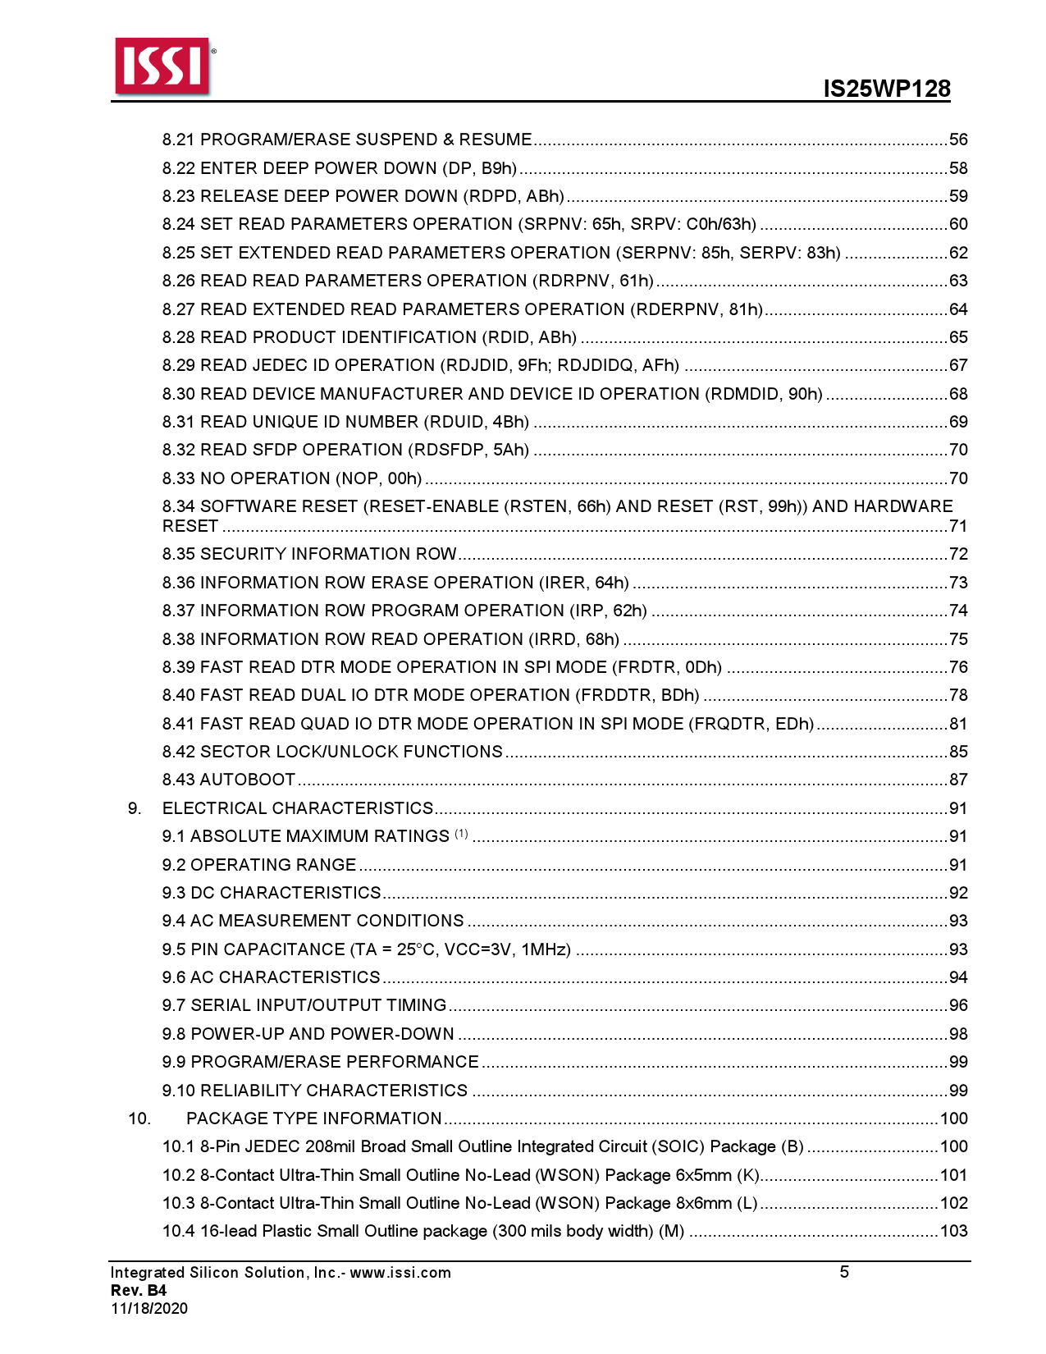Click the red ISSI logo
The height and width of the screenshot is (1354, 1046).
[162, 65]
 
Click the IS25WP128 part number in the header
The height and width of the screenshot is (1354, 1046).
[887, 89]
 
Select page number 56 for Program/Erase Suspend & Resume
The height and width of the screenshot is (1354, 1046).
[958, 140]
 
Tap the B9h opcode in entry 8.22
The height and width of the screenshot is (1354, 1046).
[497, 168]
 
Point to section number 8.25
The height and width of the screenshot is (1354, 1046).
[179, 253]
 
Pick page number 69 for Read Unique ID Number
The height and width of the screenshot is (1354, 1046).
[958, 422]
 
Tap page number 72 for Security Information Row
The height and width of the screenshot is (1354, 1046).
[958, 554]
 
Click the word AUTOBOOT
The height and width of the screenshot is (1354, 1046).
[248, 780]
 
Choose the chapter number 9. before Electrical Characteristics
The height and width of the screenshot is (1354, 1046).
[135, 808]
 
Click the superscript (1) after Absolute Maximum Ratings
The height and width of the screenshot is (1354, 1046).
[461, 834]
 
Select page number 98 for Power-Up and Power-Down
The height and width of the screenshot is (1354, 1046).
[958, 1034]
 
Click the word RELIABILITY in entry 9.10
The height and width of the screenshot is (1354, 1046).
[250, 1091]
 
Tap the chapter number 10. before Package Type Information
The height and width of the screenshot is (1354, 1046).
[139, 1118]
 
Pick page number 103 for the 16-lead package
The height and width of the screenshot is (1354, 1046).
[954, 1231]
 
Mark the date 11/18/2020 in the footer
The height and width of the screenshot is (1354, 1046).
[149, 1309]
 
